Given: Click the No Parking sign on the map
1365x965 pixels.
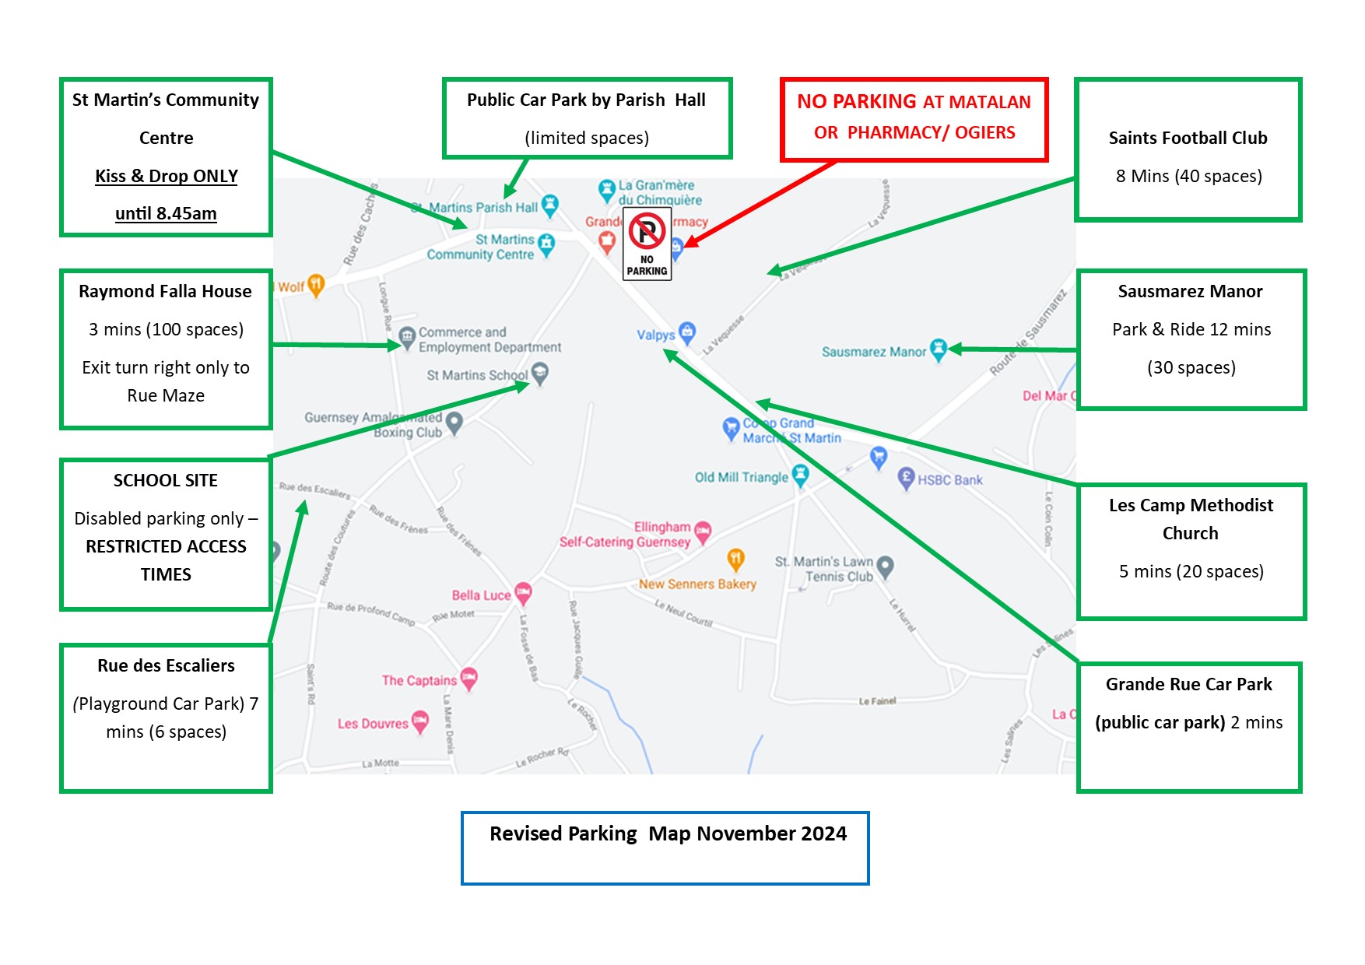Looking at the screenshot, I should pyautogui.click(x=647, y=244).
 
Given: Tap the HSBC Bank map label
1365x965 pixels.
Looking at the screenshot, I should pyautogui.click(x=949, y=480).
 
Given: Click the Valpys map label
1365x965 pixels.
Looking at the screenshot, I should pyautogui.click(x=656, y=335).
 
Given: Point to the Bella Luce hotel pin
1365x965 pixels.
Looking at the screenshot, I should pyautogui.click(x=523, y=594).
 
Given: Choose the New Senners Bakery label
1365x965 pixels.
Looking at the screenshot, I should pyautogui.click(x=697, y=584).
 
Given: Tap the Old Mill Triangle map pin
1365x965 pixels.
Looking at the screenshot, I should pyautogui.click(x=800, y=474).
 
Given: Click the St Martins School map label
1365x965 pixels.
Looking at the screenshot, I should pyautogui.click(x=477, y=375).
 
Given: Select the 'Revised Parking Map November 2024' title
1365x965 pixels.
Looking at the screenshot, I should pyautogui.click(x=668, y=833).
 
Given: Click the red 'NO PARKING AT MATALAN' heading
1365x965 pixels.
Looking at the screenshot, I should pyautogui.click(x=914, y=102).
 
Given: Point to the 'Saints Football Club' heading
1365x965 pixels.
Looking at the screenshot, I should pyautogui.click(x=1188, y=138).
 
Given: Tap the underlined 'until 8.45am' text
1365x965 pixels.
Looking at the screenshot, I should pyautogui.click(x=166, y=213).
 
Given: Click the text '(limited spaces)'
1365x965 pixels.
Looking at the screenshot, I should pyautogui.click(x=587, y=138).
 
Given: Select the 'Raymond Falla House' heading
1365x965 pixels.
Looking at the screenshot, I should pyautogui.click(x=165, y=291).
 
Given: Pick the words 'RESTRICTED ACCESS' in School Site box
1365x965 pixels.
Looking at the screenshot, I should pyautogui.click(x=166, y=546).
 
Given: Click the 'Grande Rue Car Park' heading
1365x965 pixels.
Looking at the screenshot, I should pyautogui.click(x=1188, y=684).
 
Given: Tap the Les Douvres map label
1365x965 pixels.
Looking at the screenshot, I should pyautogui.click(x=373, y=724).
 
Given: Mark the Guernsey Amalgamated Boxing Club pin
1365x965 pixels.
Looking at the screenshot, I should pyautogui.click(x=454, y=423).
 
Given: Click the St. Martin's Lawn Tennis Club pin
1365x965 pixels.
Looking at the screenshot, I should pyautogui.click(x=885, y=566).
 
